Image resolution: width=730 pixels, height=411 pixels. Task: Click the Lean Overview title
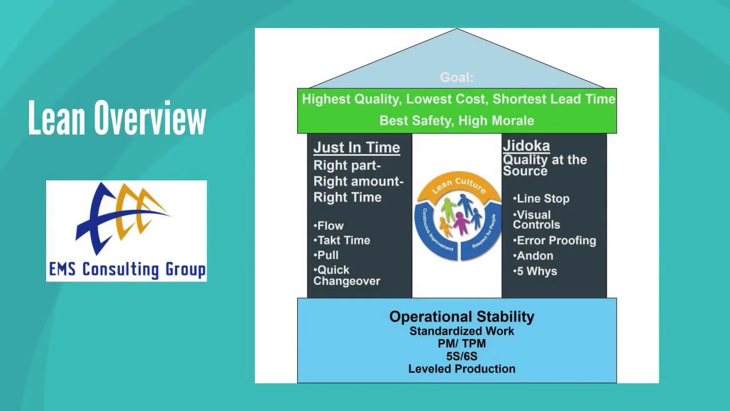pyautogui.click(x=117, y=118)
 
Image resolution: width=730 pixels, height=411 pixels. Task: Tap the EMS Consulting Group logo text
pyautogui.click(x=127, y=269)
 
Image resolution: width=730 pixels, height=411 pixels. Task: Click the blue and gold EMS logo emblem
pyautogui.click(x=122, y=217)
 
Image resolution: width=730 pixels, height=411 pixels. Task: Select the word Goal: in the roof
pyautogui.click(x=456, y=78)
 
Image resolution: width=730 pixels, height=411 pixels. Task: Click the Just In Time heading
pyautogui.click(x=356, y=147)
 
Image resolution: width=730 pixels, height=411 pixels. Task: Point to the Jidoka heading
pyautogui.click(x=526, y=146)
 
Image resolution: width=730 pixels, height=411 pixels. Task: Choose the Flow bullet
pyautogui.click(x=329, y=225)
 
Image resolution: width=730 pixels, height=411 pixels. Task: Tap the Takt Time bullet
pyautogui.click(x=342, y=240)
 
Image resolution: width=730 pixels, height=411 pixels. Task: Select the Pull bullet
pyautogui.click(x=326, y=255)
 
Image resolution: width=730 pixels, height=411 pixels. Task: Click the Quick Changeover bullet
pyautogui.click(x=346, y=275)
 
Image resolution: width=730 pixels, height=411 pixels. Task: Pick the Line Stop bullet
pyautogui.click(x=541, y=199)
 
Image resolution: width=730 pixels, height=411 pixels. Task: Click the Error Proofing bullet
pyautogui.click(x=554, y=240)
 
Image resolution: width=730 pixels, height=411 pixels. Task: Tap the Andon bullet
pyautogui.click(x=533, y=256)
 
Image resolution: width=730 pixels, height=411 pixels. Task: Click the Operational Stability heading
pyautogui.click(x=461, y=317)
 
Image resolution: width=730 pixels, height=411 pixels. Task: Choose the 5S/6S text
pyautogui.click(x=461, y=356)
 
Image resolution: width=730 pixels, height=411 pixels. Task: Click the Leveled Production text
pyautogui.click(x=461, y=369)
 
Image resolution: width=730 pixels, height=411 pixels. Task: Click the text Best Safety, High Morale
pyautogui.click(x=457, y=120)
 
